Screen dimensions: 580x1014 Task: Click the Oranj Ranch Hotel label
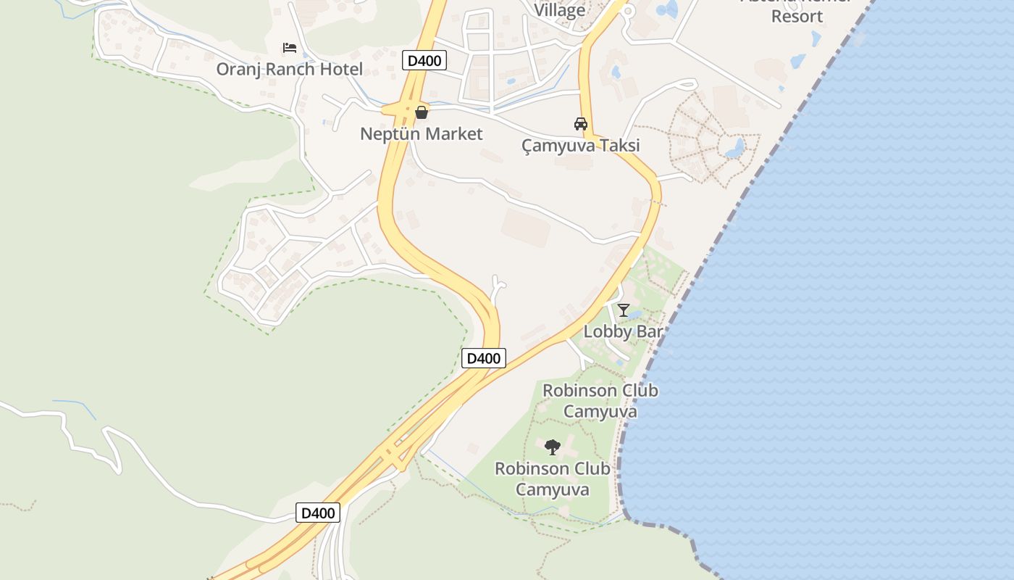click(x=290, y=70)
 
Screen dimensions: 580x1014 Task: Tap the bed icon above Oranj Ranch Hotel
click(x=290, y=48)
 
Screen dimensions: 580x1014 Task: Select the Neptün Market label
click(x=421, y=134)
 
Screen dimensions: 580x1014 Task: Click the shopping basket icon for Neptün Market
click(x=422, y=112)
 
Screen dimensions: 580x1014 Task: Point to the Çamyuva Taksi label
click(x=581, y=146)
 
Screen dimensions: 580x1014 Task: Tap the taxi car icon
click(x=581, y=124)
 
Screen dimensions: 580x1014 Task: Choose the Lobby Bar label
click(x=623, y=332)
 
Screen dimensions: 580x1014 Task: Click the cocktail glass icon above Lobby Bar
click(x=624, y=310)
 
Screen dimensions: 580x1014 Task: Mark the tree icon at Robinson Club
click(x=553, y=447)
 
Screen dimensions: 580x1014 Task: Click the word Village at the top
click(x=560, y=10)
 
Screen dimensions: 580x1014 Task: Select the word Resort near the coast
click(x=797, y=16)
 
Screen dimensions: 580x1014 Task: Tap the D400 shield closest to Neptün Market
click(x=424, y=60)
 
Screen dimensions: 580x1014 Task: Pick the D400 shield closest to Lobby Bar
click(x=483, y=357)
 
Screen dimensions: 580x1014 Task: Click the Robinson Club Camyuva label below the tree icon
click(x=553, y=479)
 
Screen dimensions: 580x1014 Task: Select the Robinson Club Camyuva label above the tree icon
click(x=600, y=401)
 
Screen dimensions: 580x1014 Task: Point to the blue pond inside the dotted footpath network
click(x=734, y=148)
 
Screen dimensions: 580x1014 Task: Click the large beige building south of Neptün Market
click(x=526, y=227)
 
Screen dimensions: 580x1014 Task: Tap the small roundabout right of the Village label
click(x=627, y=11)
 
